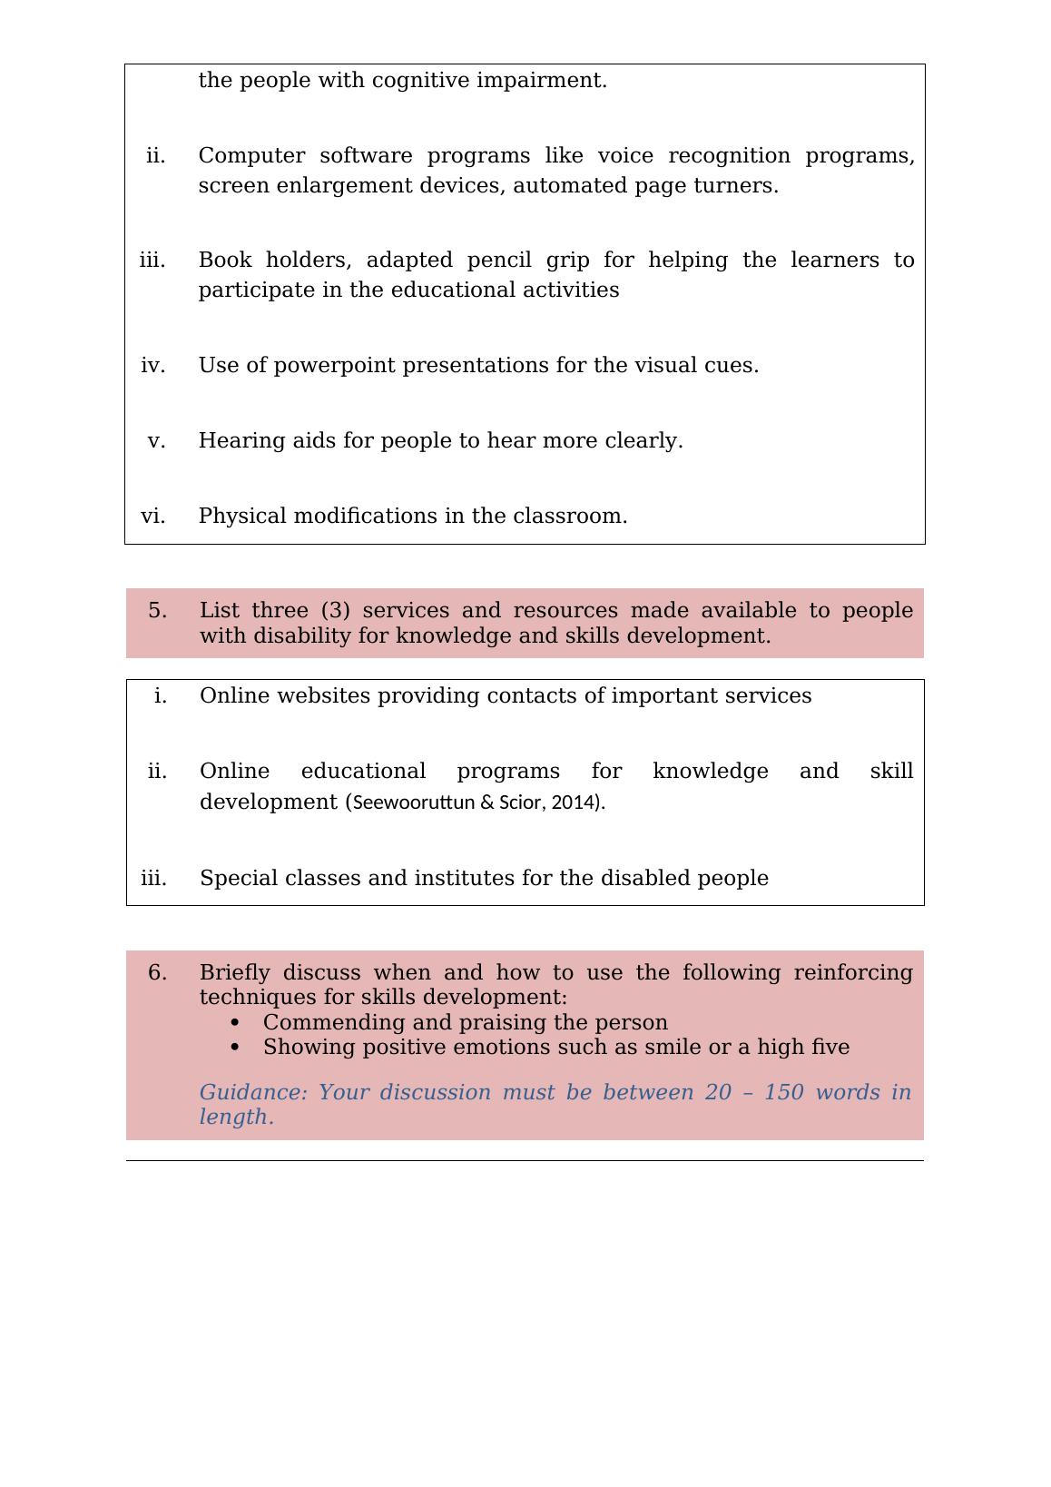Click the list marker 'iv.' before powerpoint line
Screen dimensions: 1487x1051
(x=153, y=366)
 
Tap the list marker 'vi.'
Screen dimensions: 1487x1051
(x=153, y=517)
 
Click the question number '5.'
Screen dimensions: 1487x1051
(x=158, y=611)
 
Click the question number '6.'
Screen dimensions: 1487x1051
(x=158, y=973)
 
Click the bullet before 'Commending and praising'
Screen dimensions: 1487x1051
(x=235, y=1023)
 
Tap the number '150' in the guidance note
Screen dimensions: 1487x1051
(x=784, y=1093)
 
